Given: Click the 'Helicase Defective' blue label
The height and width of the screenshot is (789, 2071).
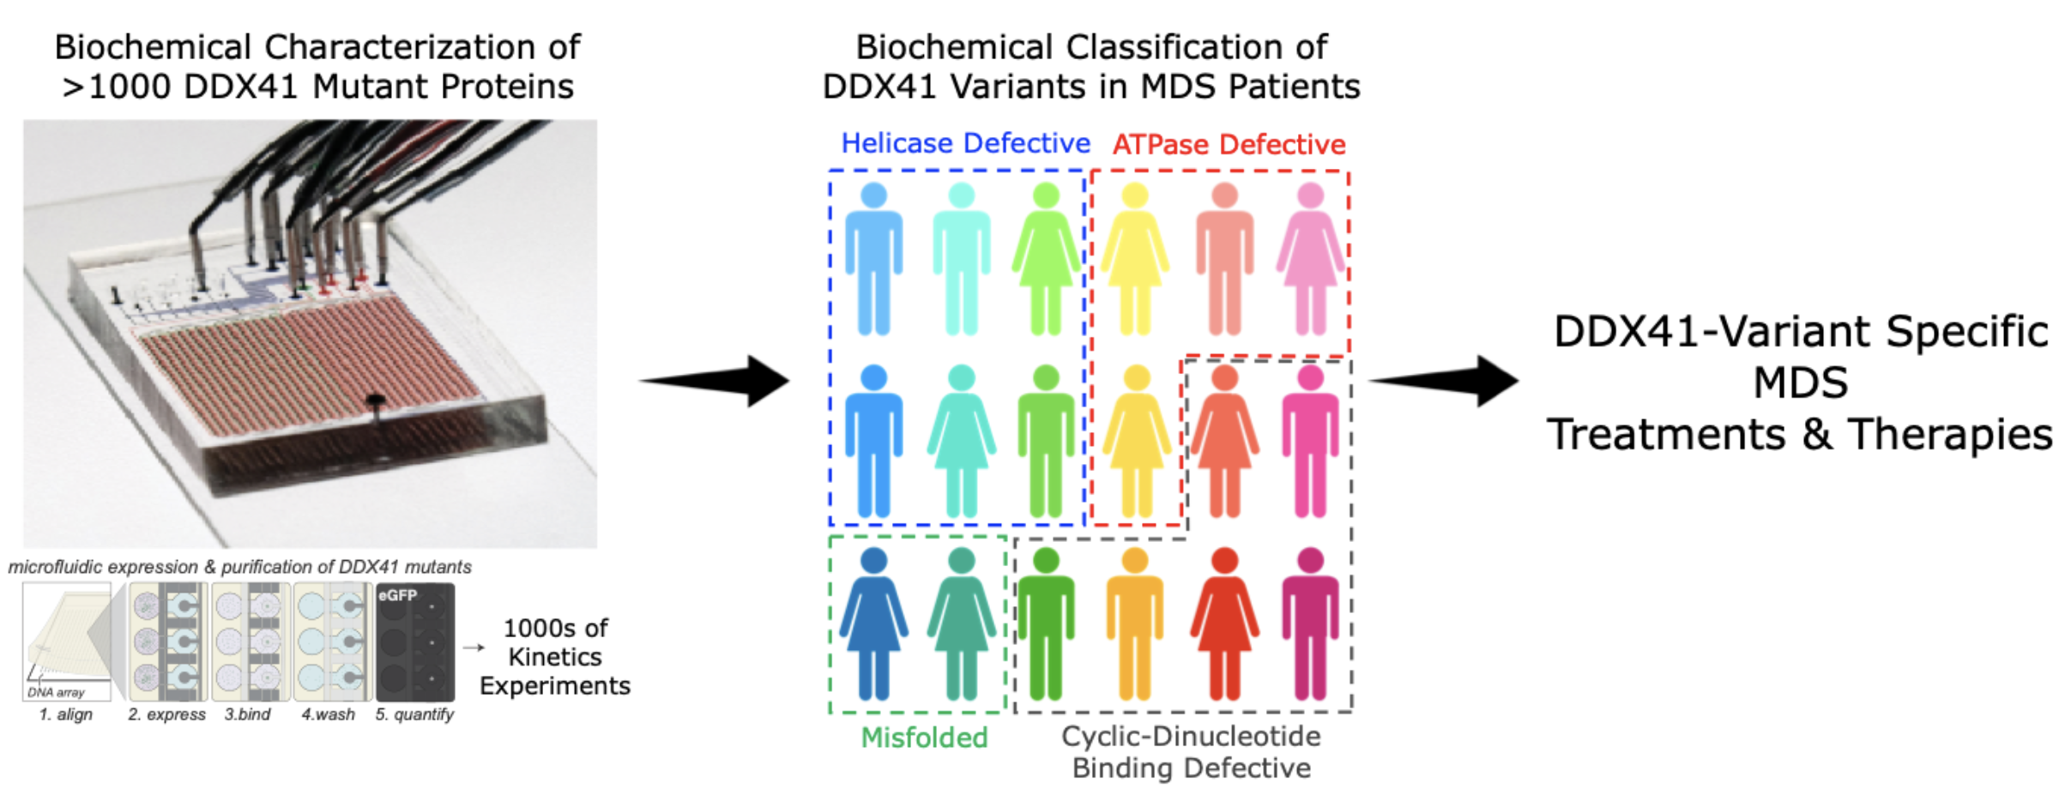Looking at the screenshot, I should point(965,143).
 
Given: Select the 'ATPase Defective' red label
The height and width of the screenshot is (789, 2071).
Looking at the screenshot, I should point(1229,145).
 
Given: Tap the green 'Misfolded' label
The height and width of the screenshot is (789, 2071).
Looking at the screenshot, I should point(924,738).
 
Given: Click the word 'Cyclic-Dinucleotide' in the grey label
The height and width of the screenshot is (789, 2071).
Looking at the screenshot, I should point(1191,736).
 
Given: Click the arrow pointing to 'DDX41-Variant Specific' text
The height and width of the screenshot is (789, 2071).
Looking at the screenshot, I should point(1446,381).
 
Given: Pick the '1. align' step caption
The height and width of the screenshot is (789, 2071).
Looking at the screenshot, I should point(66,714).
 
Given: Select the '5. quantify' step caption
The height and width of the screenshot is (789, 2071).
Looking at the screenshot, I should point(414,714).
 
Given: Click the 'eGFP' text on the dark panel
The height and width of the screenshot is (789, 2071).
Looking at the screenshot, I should point(397,595).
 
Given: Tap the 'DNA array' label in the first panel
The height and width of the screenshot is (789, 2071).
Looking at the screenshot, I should point(56,692).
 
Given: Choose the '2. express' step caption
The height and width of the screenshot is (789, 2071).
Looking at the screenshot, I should point(166,714).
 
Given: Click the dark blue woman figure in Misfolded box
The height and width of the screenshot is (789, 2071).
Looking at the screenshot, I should point(873,624).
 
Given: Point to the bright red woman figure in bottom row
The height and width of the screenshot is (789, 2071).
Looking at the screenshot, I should point(1224,624).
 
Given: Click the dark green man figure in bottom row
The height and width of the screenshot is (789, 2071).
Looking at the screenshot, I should point(1046,624).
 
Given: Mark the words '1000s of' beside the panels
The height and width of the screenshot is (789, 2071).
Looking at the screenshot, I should point(555,629).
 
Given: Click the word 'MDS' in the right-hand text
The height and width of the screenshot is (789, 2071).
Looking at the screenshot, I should point(1800,382).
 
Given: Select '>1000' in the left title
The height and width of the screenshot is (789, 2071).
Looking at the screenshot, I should point(117,87).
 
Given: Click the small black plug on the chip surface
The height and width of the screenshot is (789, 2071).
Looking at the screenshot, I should point(375,401).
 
